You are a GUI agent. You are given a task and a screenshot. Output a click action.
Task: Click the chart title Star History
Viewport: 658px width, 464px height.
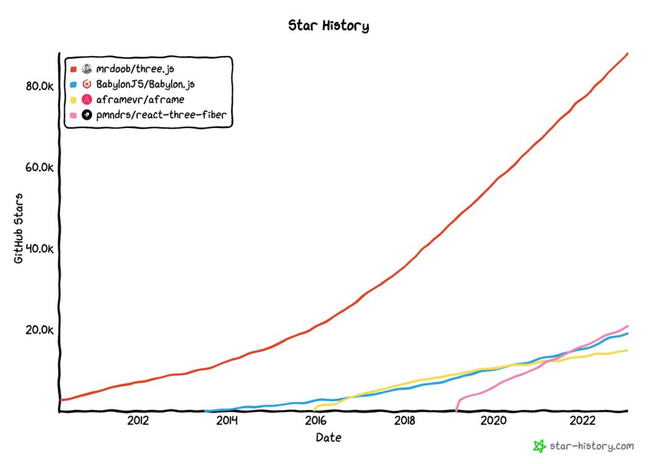pos(328,26)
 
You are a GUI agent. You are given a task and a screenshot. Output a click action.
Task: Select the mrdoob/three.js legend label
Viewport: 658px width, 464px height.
pos(135,69)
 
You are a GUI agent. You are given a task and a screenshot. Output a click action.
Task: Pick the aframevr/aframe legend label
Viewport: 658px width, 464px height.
pos(140,99)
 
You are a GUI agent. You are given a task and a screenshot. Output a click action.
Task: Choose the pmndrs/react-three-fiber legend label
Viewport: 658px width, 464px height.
pos(161,115)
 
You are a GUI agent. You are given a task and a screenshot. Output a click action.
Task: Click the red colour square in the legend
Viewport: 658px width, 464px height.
pos(73,69)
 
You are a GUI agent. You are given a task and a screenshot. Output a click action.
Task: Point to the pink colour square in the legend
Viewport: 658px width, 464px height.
pos(73,115)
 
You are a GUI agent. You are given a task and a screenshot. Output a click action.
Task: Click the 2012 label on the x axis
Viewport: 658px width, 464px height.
pos(138,421)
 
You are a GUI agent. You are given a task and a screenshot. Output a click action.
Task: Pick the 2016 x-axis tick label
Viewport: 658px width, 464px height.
pos(316,421)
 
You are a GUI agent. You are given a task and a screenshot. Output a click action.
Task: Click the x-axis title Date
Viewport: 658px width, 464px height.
pos(328,438)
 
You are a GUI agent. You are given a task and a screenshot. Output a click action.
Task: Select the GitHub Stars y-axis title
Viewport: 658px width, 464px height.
pos(18,227)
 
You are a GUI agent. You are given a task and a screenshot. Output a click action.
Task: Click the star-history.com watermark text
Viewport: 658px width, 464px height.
pos(591,446)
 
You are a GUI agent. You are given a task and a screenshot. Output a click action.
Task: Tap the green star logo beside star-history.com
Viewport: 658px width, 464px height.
pos(539,446)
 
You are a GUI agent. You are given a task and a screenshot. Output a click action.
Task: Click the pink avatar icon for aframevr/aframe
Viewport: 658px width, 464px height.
pos(87,99)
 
